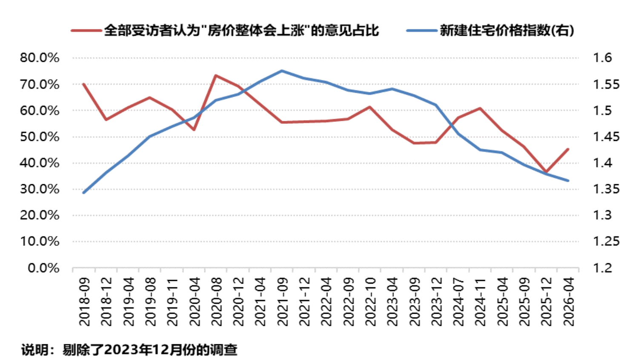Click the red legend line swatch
click(86, 31)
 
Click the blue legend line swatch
click(422, 31)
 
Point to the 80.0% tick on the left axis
click(40, 58)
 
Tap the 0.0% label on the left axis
click(43, 268)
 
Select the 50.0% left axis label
click(40, 137)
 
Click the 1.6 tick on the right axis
click(602, 58)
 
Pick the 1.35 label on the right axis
click(606, 189)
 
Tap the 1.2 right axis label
click(602, 268)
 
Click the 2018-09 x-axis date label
click(84, 302)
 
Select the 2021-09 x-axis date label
click(283, 302)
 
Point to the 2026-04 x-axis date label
click(569, 302)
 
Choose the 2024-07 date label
click(458, 302)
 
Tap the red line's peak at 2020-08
click(216, 75)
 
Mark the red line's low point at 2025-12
click(546, 172)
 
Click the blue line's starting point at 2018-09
click(83, 193)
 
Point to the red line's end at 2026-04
click(568, 149)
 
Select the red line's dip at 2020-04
click(194, 130)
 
